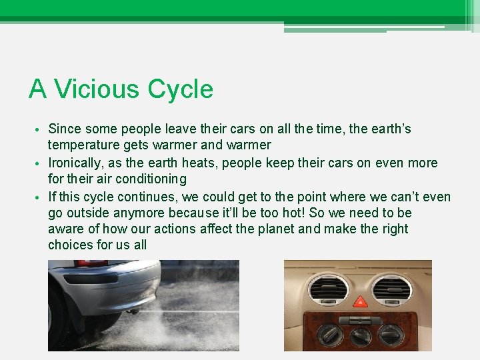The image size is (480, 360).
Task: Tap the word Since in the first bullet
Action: pyautogui.click(x=65, y=129)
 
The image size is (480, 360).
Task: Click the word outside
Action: pyautogui.click(x=90, y=213)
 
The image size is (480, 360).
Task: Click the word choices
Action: pyautogui.click(x=71, y=245)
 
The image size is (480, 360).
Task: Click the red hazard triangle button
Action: pyautogui.click(x=359, y=301)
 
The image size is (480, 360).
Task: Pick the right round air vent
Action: pyautogui.click(x=393, y=288)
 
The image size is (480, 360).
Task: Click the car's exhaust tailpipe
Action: pyautogui.click(x=133, y=311)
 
